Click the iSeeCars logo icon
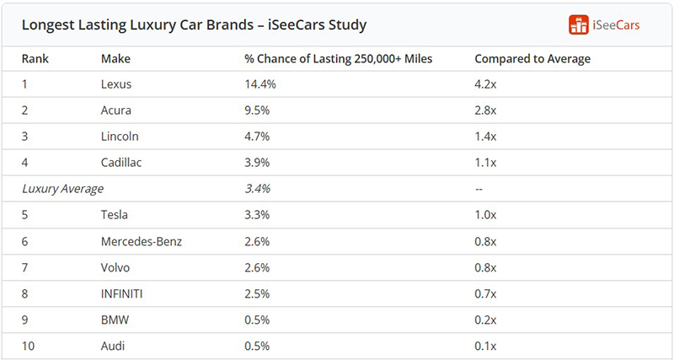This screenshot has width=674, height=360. [x=578, y=24]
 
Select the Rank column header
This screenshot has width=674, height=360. [x=35, y=58]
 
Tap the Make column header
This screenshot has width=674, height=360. [x=115, y=58]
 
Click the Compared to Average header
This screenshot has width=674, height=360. [x=532, y=59]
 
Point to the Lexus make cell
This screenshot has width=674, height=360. [x=116, y=84]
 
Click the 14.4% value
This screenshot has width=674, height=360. [x=260, y=84]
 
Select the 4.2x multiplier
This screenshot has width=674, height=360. [x=485, y=84]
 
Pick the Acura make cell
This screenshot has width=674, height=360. [x=116, y=110]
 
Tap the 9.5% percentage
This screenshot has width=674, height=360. [x=257, y=110]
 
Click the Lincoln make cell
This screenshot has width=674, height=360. [x=120, y=137]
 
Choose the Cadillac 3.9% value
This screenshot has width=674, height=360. [x=257, y=163]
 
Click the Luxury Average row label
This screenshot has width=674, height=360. [x=62, y=189]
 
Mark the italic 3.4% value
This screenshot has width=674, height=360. [x=257, y=189]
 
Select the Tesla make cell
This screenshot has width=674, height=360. [x=115, y=215]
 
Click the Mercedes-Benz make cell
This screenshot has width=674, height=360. [x=142, y=241]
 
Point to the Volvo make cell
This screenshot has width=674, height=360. [x=115, y=267]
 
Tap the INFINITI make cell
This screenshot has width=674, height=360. [x=121, y=293]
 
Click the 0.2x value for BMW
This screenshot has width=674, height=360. [x=485, y=320]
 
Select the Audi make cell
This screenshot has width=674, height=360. [x=113, y=346]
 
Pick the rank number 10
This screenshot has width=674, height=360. [x=28, y=346]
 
